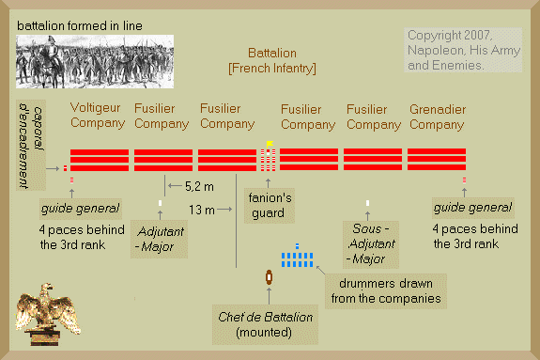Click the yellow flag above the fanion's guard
coord(270,144)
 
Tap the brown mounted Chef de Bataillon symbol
coord(269,277)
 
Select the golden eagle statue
coord(48,314)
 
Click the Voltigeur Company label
coord(98,116)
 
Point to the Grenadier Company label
coord(438,117)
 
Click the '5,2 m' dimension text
coord(199,186)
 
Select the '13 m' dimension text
coord(202,210)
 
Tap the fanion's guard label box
coord(270,206)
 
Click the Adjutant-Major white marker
coord(161,203)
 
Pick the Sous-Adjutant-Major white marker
coord(367,203)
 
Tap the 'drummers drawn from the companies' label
coord(386,291)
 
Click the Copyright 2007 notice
coord(463,50)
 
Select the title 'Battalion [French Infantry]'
coord(272,61)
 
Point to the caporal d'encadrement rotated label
coord(31,145)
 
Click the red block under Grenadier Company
coord(437,159)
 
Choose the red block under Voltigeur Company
coord(100,160)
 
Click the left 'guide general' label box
coord(80,209)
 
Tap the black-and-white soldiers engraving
coord(95,61)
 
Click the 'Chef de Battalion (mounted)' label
coord(265,324)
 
